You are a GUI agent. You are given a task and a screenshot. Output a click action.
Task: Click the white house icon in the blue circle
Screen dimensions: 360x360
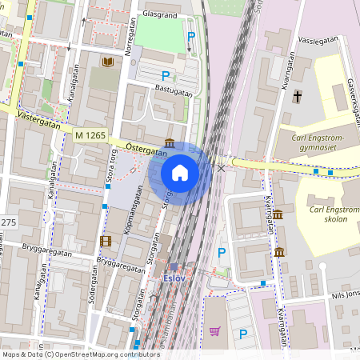[180, 173]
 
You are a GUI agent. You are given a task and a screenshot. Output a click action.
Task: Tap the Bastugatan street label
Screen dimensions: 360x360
[174, 94]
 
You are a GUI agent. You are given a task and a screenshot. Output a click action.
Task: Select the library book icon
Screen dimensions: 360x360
[107, 62]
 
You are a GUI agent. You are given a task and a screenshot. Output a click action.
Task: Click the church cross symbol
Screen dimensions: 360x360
[297, 96]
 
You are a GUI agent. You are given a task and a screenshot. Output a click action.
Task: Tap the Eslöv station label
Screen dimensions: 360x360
[174, 278]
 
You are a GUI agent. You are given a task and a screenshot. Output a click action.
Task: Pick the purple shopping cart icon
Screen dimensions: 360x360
[214, 331]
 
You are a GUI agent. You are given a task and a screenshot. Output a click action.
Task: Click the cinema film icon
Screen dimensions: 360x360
[106, 240]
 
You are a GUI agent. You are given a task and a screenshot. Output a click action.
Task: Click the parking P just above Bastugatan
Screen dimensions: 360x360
[166, 76]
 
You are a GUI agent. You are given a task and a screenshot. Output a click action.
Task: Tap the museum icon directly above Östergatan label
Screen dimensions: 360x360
[170, 142]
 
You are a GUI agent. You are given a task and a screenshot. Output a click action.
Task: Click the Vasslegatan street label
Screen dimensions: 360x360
[313, 38]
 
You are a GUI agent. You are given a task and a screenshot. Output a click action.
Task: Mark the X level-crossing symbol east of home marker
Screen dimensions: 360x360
[221, 168]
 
